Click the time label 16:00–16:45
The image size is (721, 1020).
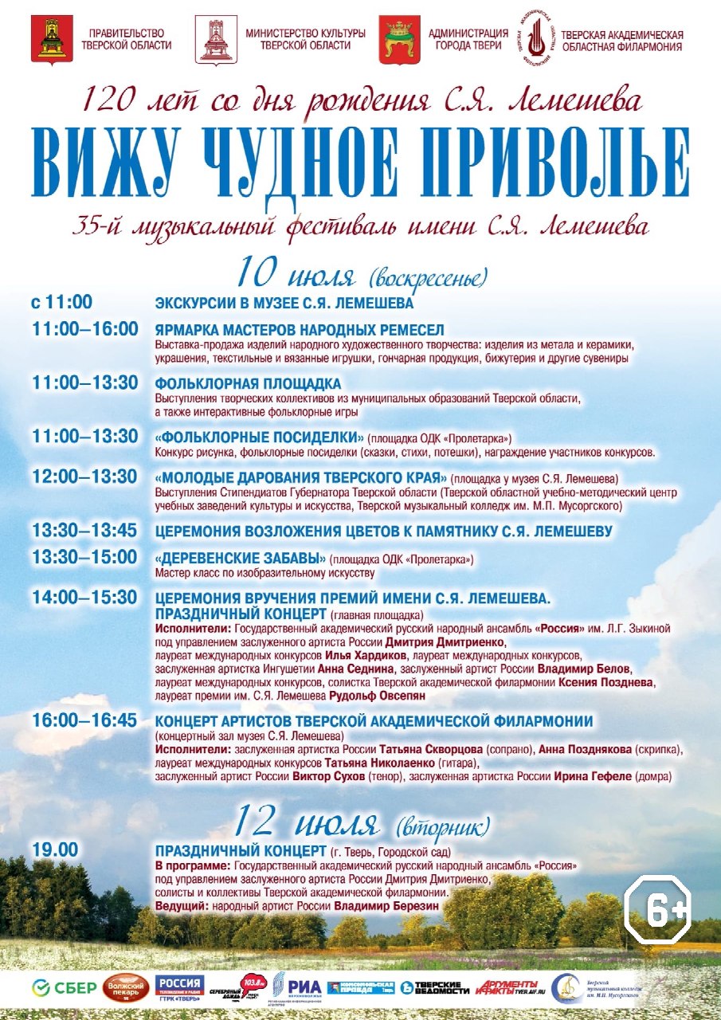(84, 720)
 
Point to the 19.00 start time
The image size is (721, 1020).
(55, 849)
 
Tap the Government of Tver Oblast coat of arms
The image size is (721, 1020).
(52, 39)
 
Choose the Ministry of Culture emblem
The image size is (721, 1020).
(216, 39)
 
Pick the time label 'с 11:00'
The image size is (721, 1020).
(62, 302)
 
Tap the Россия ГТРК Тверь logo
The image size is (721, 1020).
(179, 987)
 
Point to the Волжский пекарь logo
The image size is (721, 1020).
(123, 988)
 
